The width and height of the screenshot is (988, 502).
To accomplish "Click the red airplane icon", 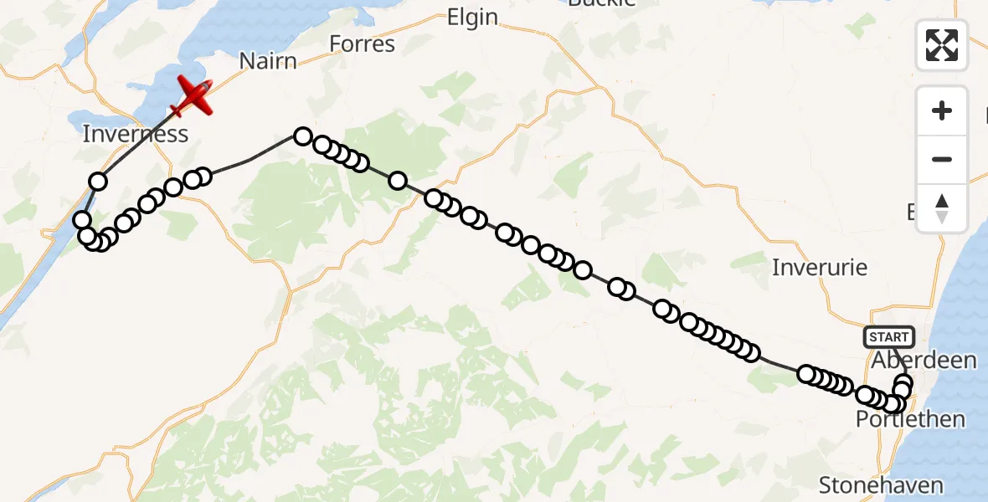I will (x=193, y=96).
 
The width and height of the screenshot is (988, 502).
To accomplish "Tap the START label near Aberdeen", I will (x=888, y=337).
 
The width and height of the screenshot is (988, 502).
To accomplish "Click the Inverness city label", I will (x=135, y=134).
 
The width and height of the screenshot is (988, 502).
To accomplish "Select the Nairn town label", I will (x=268, y=61).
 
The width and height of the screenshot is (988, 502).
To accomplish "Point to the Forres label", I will (x=362, y=44).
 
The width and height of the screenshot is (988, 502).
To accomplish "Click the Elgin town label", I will (x=472, y=18).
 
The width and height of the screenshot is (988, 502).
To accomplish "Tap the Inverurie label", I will (x=819, y=268).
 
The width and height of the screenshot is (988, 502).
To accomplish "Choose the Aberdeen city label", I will (x=924, y=361).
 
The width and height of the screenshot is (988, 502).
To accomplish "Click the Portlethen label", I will (x=910, y=419).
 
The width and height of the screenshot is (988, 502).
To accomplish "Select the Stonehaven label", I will (x=881, y=485).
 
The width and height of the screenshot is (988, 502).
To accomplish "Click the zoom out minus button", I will (x=942, y=159).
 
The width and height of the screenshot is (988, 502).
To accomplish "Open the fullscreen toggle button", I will (x=942, y=45).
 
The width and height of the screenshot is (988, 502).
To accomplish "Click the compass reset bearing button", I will (x=942, y=207).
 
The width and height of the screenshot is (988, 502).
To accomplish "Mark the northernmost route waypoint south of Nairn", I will (x=302, y=136).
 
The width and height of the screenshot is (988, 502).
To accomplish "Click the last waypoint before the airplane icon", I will (x=99, y=182).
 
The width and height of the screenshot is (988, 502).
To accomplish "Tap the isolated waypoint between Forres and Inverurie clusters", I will (x=398, y=180).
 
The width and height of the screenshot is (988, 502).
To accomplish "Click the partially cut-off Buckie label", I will (x=601, y=3).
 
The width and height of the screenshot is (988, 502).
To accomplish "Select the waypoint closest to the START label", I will (x=903, y=383).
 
